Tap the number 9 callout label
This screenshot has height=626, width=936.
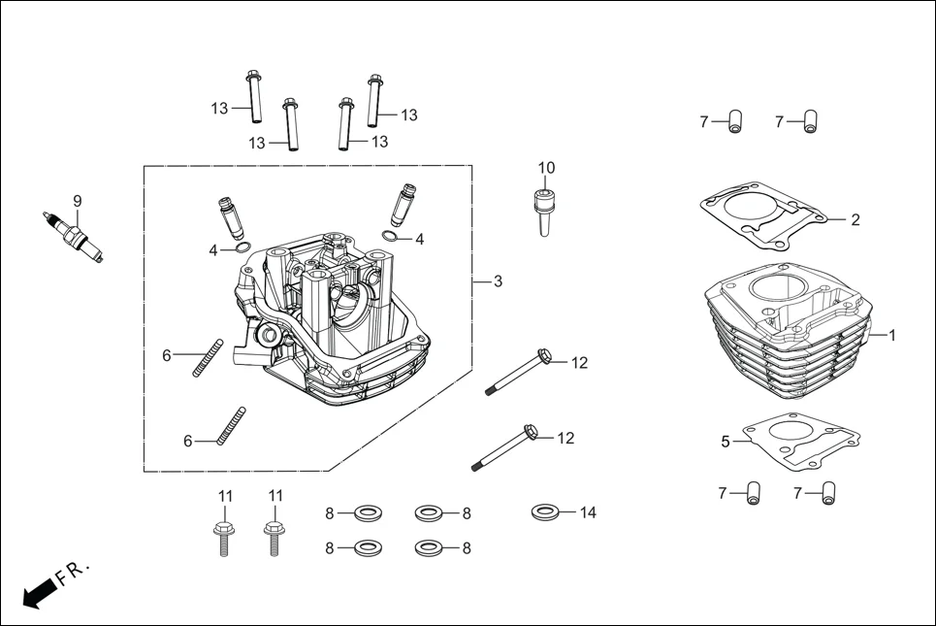coord(78,201)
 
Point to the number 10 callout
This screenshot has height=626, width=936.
coord(546,168)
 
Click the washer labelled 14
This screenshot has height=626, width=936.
coord(545,511)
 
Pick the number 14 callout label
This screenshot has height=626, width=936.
coord(588,512)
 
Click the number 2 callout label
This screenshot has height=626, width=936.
coord(855,220)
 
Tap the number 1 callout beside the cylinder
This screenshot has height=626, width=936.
coord(892,335)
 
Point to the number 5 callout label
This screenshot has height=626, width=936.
coord(725,442)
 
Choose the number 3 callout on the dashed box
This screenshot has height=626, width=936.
coord(498,281)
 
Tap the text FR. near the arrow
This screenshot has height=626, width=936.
coord(73,573)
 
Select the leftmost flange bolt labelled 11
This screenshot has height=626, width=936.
coord(223,537)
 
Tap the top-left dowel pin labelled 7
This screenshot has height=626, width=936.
coord(734,122)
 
